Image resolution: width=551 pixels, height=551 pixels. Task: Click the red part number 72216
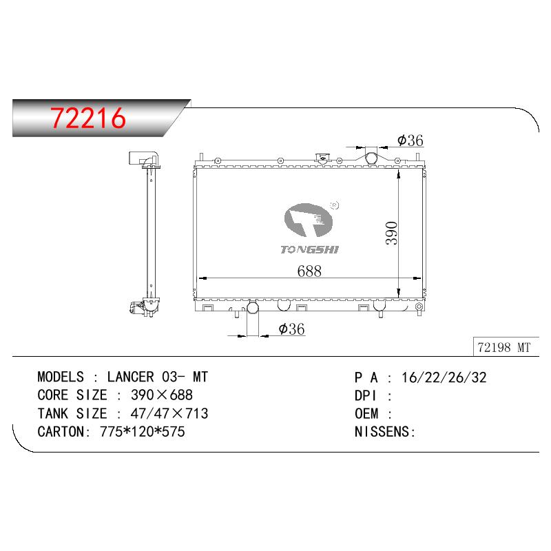[x=88, y=118]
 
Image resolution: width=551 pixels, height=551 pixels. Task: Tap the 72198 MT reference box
[x=506, y=347]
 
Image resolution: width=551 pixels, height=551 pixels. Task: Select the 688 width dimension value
[x=309, y=271]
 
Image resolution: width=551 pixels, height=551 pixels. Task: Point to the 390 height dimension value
[x=391, y=233]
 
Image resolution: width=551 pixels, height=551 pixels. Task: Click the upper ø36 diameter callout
[x=410, y=141]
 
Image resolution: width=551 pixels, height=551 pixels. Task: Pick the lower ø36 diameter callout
[x=291, y=329]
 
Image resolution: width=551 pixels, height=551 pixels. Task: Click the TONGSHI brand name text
[x=309, y=250]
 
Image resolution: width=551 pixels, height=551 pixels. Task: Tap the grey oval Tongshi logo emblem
[x=308, y=220]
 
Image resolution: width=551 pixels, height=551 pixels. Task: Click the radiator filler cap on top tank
[x=322, y=158]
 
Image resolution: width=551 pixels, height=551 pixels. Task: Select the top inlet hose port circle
[x=371, y=158]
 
